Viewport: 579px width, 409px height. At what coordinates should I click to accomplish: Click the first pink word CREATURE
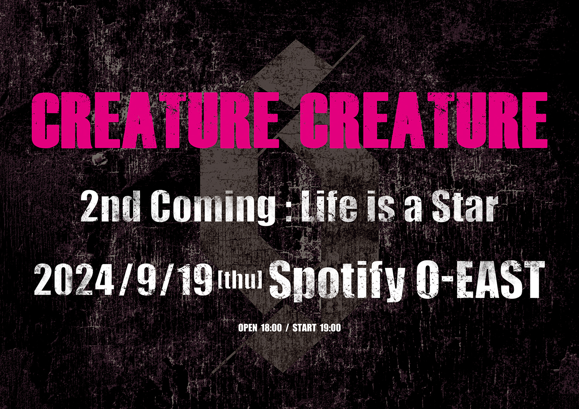(154, 120)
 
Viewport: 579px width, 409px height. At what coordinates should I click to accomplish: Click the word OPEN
(248, 328)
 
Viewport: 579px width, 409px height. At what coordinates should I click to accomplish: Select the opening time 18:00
(271, 328)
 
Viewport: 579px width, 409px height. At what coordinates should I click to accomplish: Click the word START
(305, 328)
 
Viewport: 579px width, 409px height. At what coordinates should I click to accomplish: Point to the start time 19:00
(330, 328)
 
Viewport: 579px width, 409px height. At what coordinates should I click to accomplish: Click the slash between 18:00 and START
(287, 328)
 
